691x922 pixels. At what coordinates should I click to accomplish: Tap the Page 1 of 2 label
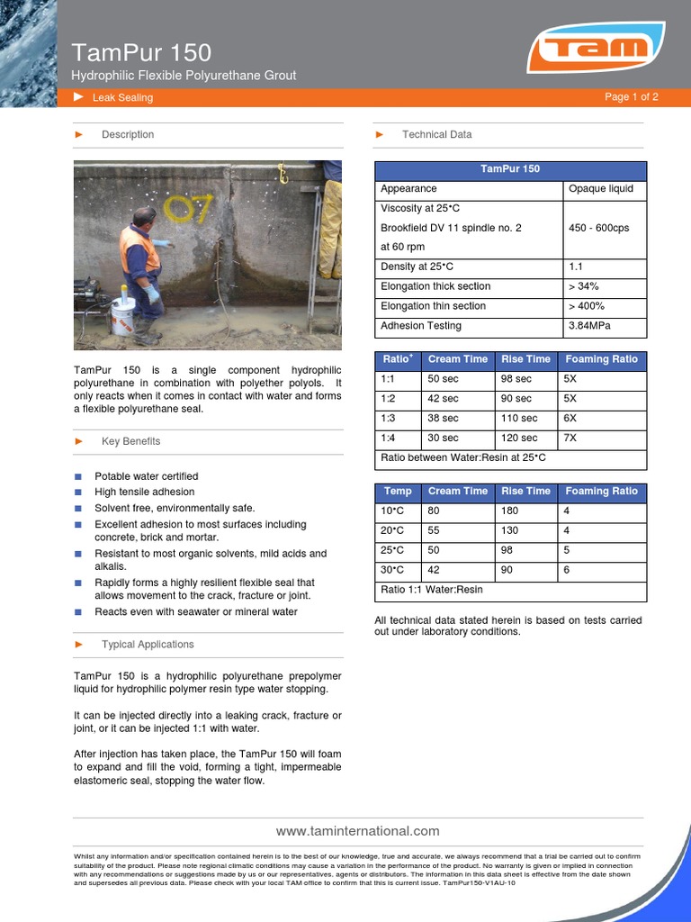[x=631, y=97]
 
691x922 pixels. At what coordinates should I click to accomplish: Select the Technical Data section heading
[x=436, y=134]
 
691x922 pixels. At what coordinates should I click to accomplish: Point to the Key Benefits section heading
[x=130, y=441]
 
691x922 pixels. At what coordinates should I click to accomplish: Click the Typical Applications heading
[x=148, y=645]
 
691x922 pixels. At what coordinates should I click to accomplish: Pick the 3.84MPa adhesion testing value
[x=590, y=326]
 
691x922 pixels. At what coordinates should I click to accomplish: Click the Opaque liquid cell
[x=600, y=189]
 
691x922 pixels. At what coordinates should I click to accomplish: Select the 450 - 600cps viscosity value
[x=598, y=228]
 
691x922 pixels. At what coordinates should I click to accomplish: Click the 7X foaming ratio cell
[x=570, y=438]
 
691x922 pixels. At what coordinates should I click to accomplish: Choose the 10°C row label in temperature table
[x=394, y=511]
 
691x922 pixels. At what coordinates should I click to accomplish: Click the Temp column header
[x=398, y=492]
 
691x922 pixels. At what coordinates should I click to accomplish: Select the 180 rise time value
[x=509, y=511]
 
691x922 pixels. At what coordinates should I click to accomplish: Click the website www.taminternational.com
[x=357, y=831]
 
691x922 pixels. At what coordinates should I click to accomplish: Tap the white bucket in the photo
[x=123, y=316]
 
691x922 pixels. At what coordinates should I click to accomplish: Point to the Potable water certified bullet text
[x=146, y=476]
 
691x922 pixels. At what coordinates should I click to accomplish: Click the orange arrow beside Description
[x=79, y=134]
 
